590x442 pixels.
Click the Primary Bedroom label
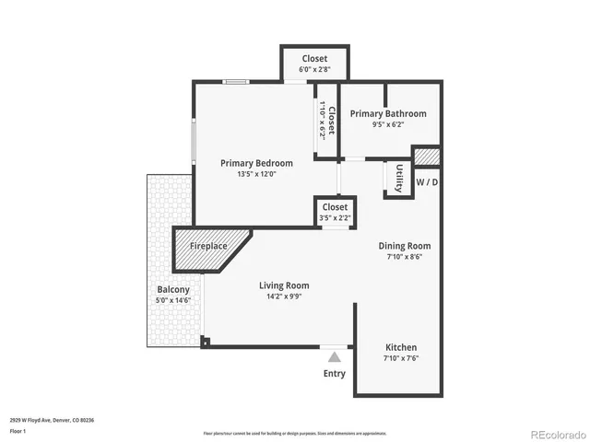pos(256,163)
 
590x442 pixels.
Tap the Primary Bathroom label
pos(387,113)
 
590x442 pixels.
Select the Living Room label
pos(283,285)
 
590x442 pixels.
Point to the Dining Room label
pos(405,246)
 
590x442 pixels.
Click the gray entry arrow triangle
pos(335,356)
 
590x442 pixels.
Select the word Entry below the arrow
pos(335,373)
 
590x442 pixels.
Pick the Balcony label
pos(173,289)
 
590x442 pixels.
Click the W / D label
pos(427,182)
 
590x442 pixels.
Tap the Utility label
pos(398,178)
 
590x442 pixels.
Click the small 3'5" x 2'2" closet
pos(335,213)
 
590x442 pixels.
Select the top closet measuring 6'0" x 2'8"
pos(313,64)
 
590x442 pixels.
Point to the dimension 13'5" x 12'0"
pos(256,173)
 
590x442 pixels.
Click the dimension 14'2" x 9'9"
pos(283,297)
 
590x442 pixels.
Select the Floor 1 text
pos(18,430)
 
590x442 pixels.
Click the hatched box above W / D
pos(426,157)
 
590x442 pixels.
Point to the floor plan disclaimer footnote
pos(295,432)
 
